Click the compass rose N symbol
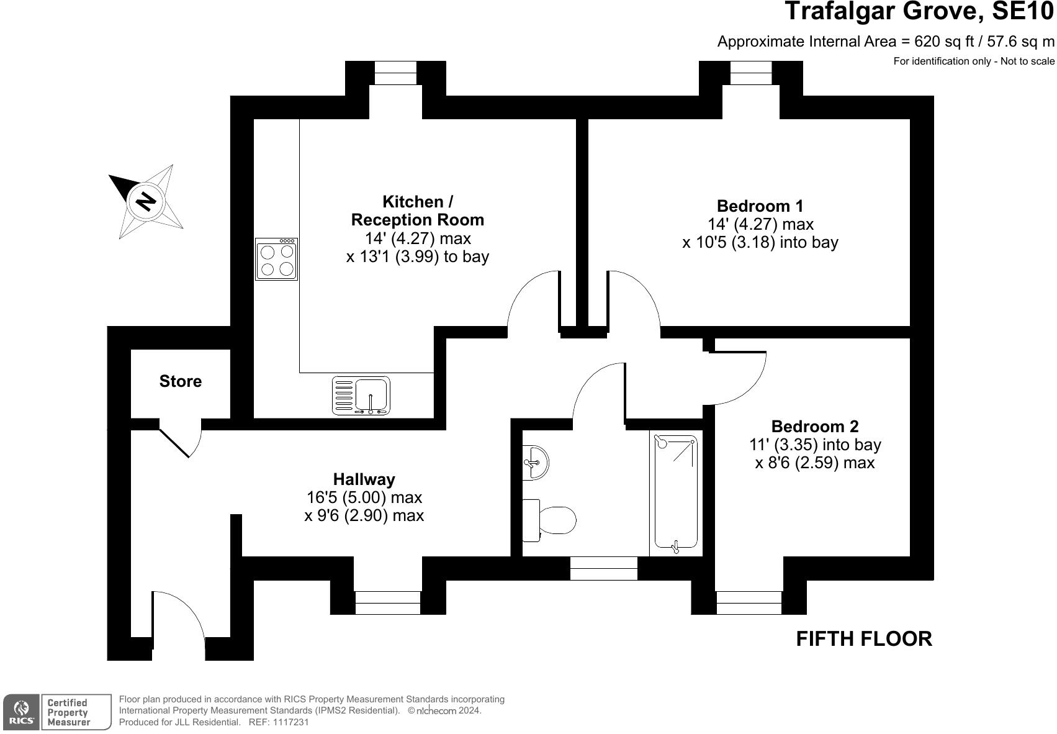146,201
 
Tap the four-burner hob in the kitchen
277,259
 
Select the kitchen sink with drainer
361,396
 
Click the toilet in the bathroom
550,520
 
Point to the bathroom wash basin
535,462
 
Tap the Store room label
181,381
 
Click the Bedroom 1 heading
760,206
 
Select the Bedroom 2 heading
814,427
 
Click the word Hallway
364,479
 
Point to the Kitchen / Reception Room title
417,211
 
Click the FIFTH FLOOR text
864,639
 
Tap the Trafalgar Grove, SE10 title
919,11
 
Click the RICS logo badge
22,712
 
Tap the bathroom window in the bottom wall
603,568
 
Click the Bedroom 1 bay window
750,73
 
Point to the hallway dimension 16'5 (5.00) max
364,497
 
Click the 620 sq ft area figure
940,42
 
